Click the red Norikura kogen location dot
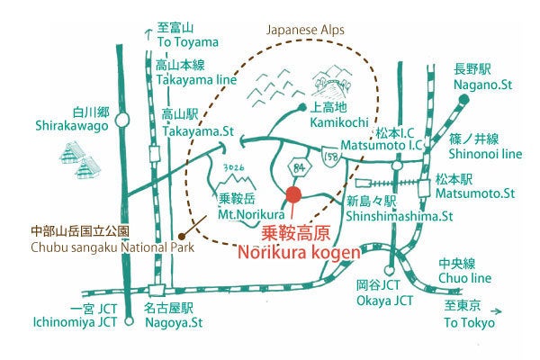point(292,194)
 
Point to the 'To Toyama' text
point(188,42)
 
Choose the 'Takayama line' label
point(195,79)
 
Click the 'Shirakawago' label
point(73,126)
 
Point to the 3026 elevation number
point(232,167)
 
